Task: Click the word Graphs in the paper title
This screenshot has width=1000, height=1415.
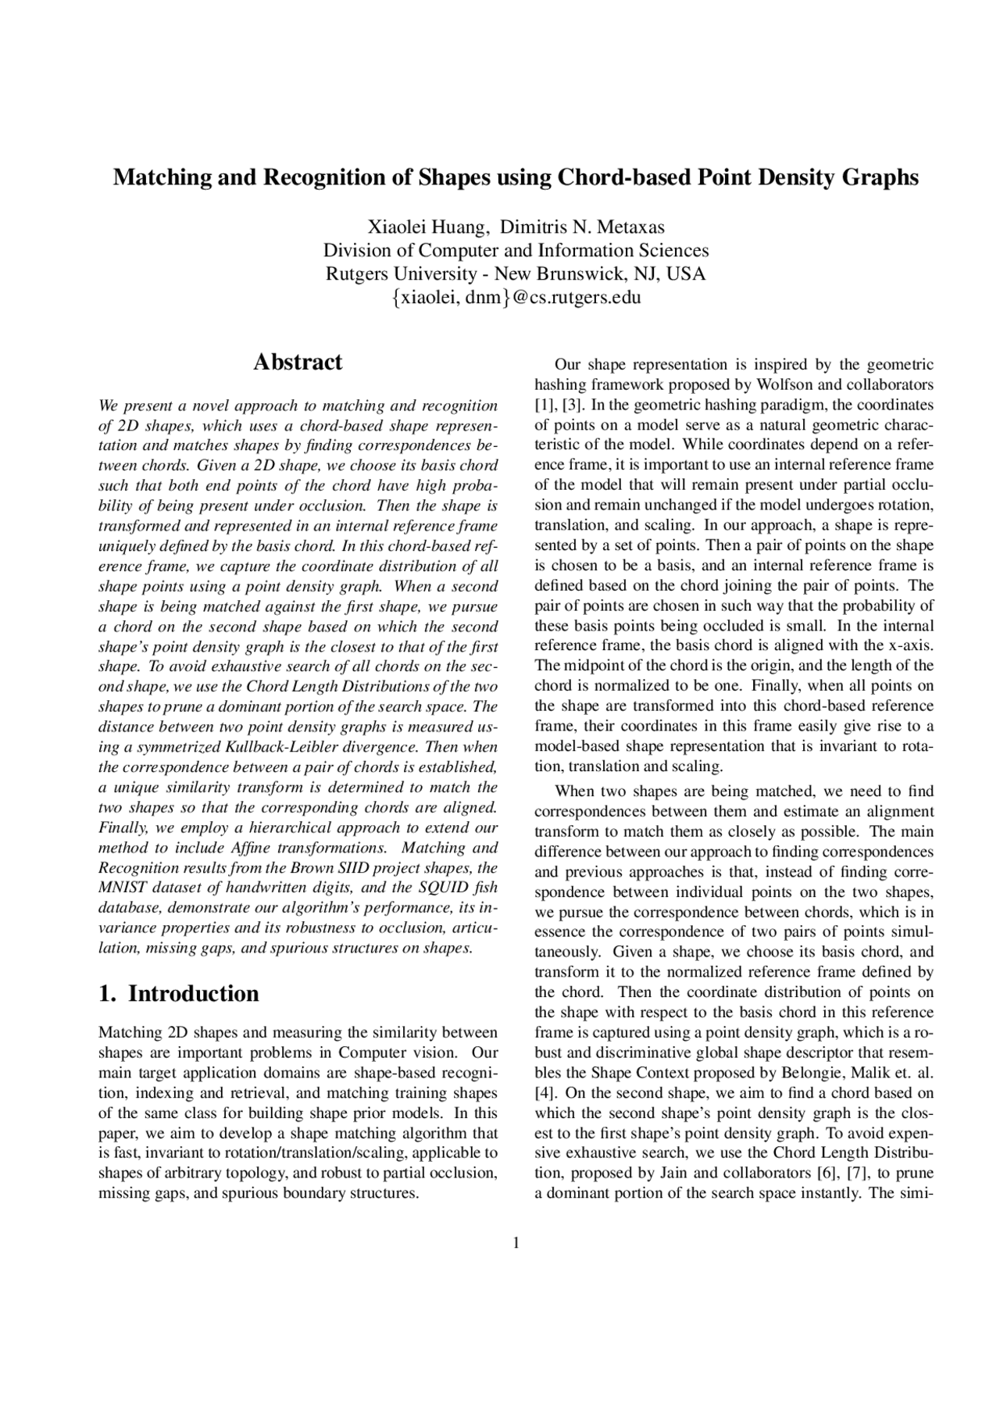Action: point(879,178)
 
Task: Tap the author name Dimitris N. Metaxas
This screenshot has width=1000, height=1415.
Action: point(582,227)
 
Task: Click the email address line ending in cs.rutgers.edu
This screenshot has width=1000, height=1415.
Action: point(516,298)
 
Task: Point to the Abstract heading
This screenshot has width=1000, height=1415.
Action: point(298,362)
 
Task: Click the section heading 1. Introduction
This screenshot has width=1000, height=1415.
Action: point(179,994)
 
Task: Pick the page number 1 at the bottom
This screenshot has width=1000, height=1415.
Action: point(516,1243)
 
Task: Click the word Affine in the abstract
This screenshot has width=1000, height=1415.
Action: point(252,848)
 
